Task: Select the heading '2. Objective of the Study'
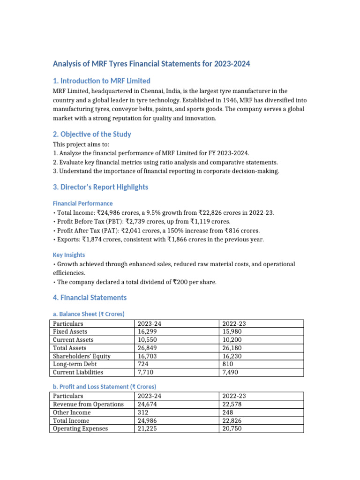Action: pos(92,135)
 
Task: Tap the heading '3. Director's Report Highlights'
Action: pos(100,187)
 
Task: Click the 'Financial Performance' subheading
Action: pos(82,203)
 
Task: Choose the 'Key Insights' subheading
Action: pos(69,255)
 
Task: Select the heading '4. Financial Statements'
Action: pos(90,298)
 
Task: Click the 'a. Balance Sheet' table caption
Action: pos(89,314)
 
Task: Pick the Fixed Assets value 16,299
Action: pos(146,332)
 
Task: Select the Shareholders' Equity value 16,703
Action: pos(146,356)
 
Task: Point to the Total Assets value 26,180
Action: pos(232,348)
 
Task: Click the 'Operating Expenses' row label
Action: pos(80,428)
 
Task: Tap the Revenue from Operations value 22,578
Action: pos(232,405)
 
